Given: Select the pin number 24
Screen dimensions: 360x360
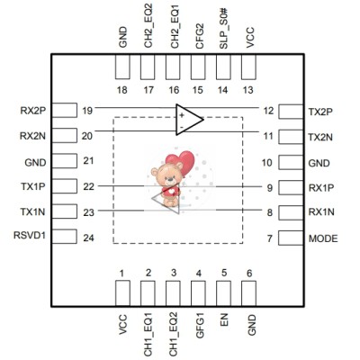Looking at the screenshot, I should (87, 238).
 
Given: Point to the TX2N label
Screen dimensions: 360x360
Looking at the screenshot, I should (320, 137).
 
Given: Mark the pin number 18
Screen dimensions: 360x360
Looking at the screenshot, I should (122, 90).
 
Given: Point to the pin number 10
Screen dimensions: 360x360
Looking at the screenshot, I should (266, 163).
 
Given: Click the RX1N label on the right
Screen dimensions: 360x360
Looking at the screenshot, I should (320, 212).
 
